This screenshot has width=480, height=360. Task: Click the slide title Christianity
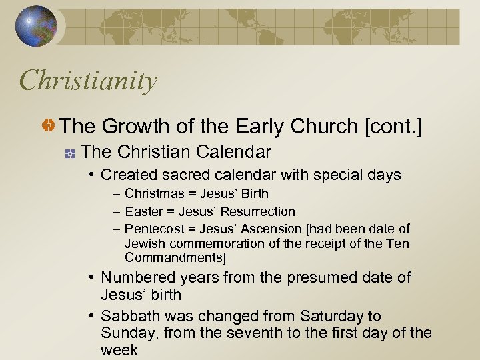point(89,81)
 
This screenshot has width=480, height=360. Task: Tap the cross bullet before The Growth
point(49,125)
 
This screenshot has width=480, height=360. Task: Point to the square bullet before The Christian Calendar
point(69,153)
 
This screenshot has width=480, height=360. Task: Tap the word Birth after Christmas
point(254,194)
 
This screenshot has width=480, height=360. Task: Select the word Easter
point(144,212)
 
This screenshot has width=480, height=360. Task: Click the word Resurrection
point(257,212)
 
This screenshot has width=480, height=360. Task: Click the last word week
point(119,351)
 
